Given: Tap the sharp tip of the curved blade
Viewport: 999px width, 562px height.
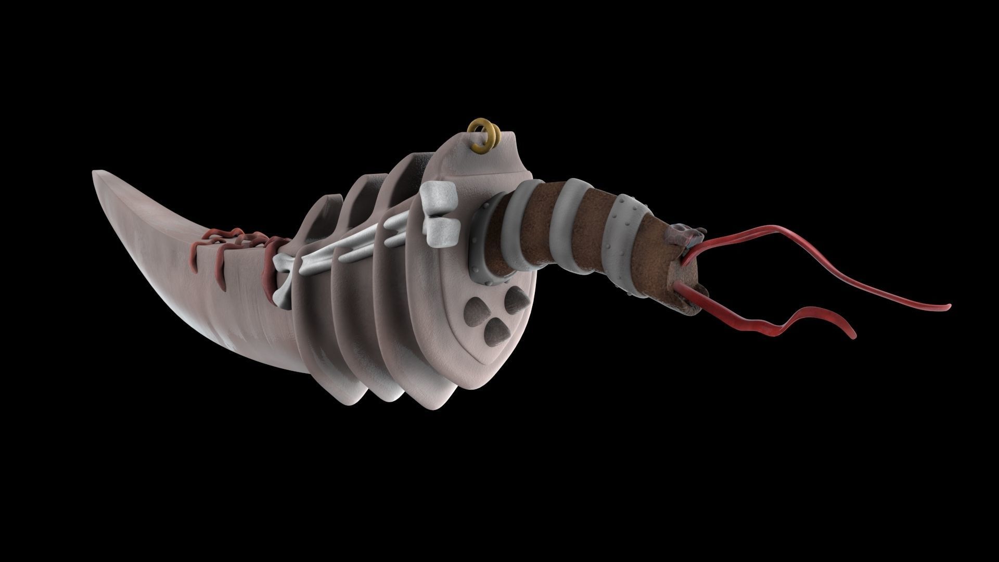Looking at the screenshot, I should (94, 172).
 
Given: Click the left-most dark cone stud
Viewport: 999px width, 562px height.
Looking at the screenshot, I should (474, 306).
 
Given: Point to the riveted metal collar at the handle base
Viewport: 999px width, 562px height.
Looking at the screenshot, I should (481, 240).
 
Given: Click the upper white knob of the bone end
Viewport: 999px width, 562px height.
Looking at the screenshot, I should (439, 195).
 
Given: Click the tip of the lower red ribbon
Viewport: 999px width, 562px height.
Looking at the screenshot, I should (853, 337).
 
